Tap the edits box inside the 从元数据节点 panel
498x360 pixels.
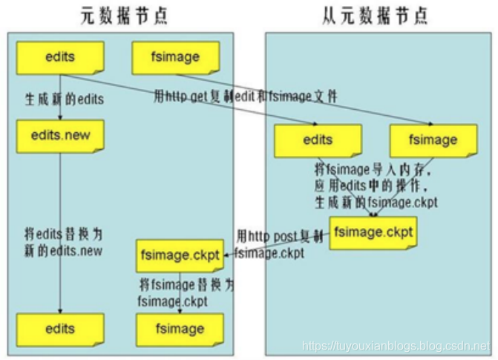tap(317, 140)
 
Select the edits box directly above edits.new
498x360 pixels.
tap(59, 56)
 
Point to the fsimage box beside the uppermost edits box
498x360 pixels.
tap(176, 56)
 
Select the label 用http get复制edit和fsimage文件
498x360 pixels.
tap(245, 96)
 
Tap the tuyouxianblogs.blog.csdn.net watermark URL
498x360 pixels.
tap(397, 347)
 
